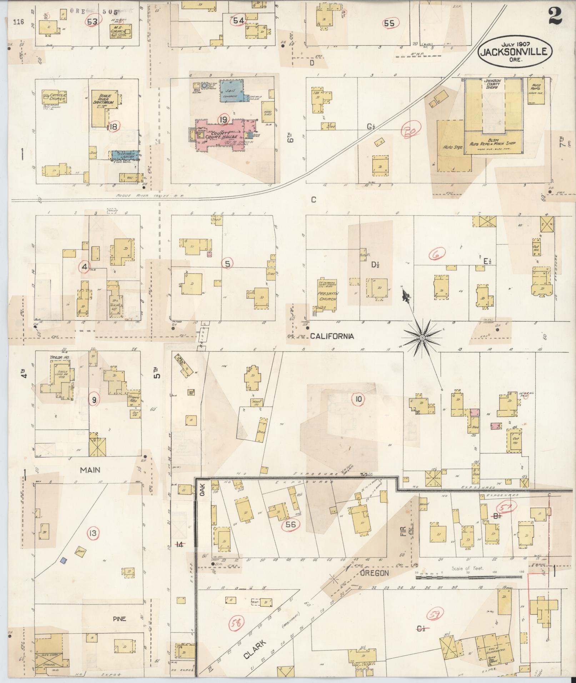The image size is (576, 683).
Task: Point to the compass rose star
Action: (x=422, y=337)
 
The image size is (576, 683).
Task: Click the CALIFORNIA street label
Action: (x=332, y=336)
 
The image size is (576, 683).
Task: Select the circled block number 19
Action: (x=224, y=120)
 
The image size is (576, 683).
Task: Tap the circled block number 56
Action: (x=291, y=524)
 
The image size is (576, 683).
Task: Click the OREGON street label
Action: (x=374, y=573)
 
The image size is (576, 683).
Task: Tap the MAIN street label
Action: (x=90, y=470)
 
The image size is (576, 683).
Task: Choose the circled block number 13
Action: (x=93, y=533)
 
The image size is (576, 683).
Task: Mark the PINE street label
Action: (x=119, y=618)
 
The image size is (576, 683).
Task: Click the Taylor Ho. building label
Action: (x=59, y=357)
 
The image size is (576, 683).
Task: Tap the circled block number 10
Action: (x=358, y=399)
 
